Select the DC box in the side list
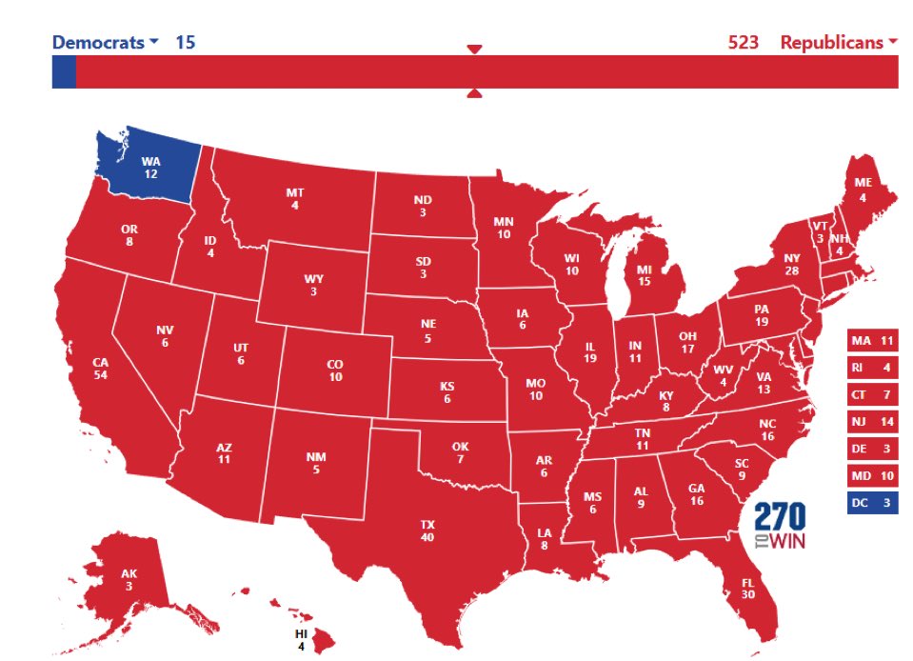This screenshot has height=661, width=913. pos(872,503)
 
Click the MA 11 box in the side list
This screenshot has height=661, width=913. pos(872,340)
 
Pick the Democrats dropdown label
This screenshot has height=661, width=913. pos(105,42)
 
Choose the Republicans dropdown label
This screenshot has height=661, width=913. pos(838,42)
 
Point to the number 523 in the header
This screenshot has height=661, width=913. pos(744,42)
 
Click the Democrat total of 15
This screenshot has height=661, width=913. pos(186,42)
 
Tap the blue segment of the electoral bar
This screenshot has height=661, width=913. pos(63,72)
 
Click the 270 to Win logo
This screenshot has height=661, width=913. pos(780,527)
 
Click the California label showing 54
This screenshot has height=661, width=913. pos(100,369)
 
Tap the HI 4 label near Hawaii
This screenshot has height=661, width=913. pos(300,640)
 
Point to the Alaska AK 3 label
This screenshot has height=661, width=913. pos(129,579)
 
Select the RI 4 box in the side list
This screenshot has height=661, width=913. pos(872,367)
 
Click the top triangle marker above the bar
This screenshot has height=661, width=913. pos(474,50)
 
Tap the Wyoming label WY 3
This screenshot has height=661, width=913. pos(315,285)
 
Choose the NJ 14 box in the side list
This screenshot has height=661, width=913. pos(872,421)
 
